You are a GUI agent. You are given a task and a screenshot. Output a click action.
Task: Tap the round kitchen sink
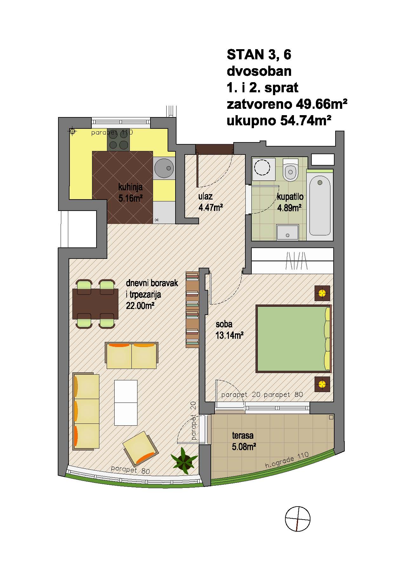164,168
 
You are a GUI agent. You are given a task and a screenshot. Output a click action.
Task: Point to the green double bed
294,338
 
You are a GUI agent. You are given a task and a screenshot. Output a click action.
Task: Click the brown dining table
95,304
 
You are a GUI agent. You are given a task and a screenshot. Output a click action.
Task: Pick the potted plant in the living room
184,459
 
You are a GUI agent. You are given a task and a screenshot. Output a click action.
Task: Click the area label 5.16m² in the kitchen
130,199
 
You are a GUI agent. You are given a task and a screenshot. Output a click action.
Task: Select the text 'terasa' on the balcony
243,436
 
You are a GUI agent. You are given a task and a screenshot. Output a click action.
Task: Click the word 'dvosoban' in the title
259,71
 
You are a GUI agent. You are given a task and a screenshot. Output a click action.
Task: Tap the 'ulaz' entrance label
205,197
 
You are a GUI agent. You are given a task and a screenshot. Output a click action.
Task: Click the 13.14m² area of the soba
229,335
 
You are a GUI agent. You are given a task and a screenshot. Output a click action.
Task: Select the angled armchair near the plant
140,448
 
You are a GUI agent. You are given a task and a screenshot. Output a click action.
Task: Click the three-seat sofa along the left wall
86,411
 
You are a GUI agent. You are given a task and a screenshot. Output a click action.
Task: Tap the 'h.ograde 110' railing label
287,460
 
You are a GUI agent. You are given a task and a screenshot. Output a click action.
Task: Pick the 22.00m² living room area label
140,306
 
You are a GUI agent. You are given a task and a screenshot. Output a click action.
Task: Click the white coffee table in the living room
126,403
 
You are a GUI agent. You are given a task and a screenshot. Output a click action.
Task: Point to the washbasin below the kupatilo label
288,233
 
